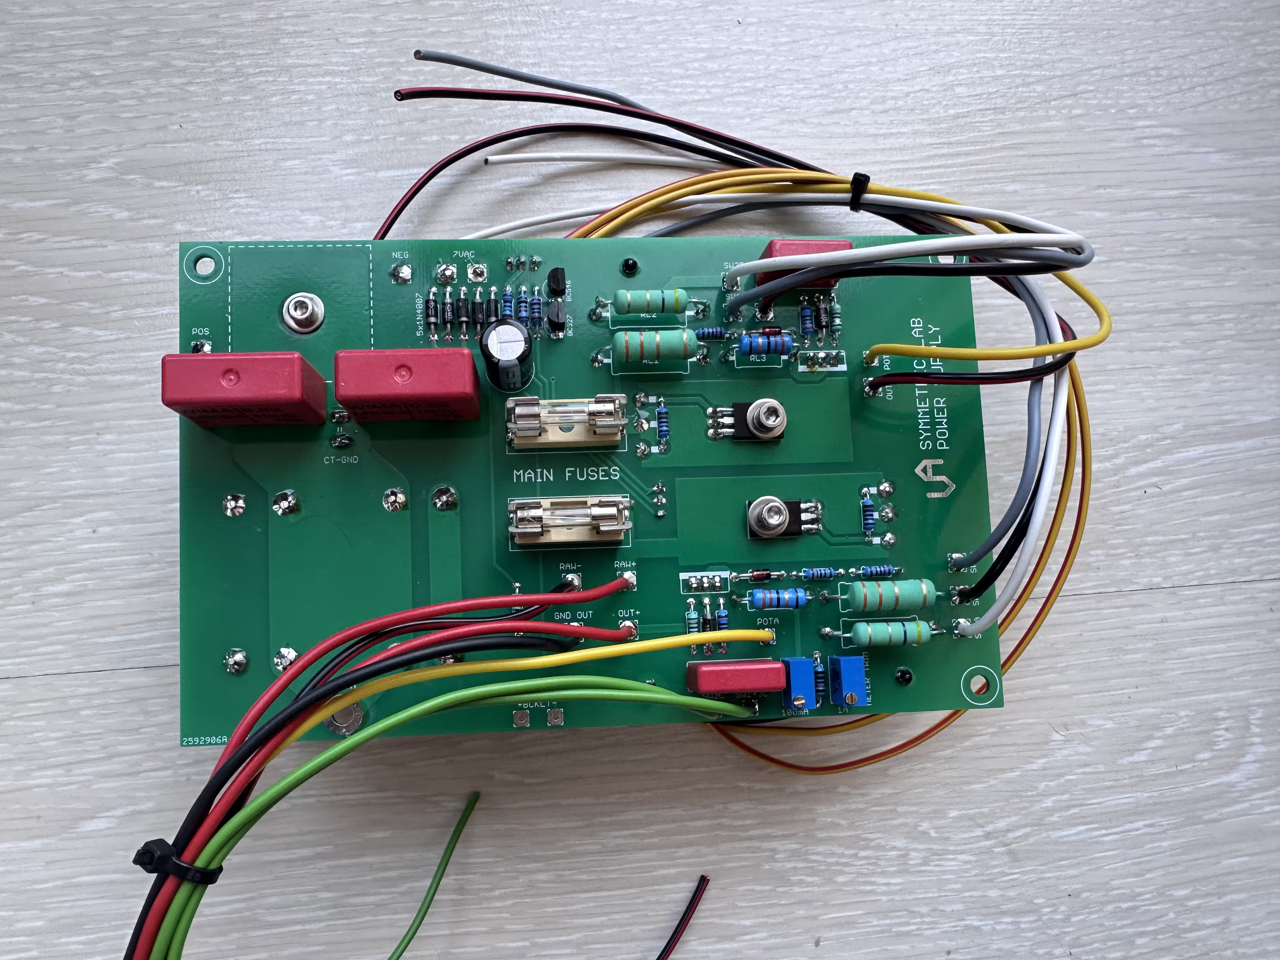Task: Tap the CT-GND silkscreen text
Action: [341, 459]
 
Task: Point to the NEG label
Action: [400, 255]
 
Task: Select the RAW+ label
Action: [625, 564]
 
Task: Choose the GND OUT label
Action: [573, 615]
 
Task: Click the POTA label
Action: [768, 621]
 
